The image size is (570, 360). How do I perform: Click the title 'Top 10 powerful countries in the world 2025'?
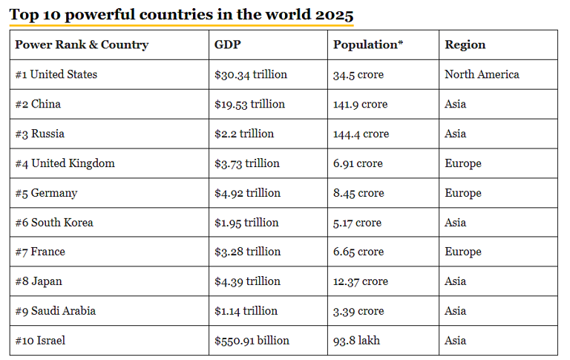182,15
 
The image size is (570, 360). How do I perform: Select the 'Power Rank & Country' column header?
82,45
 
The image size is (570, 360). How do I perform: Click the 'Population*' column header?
368,45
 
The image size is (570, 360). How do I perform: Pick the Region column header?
465,45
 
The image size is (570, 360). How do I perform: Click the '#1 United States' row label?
56,74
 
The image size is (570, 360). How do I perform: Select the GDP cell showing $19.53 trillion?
249,104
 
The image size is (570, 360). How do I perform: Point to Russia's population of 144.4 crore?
361,134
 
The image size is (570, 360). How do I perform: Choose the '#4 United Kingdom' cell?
65,163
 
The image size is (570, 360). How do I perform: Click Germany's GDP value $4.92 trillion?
247,193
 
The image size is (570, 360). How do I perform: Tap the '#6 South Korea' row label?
54,223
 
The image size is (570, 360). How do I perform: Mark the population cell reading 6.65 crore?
358,252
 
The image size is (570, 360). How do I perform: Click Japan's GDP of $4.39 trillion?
247,281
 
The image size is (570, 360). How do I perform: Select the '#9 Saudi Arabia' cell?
56,311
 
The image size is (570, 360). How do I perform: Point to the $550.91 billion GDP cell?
252,341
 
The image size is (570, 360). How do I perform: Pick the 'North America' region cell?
482,74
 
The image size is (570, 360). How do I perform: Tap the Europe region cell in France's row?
463,252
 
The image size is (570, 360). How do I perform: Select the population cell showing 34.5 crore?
358,74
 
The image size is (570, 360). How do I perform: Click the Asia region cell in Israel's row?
456,341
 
